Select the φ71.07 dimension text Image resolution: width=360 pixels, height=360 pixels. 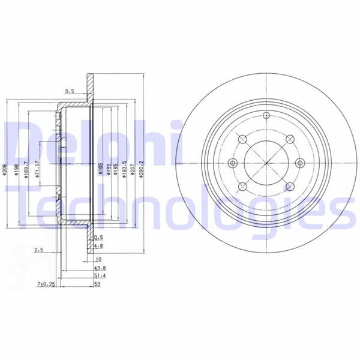[38, 170]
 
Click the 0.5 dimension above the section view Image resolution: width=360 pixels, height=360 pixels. [70, 92]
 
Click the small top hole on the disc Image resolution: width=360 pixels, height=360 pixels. [265, 116]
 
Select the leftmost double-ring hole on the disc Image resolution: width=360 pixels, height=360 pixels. [233, 163]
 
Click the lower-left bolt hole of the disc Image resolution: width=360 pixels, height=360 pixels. [242, 187]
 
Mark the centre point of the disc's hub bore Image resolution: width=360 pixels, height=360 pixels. [265, 163]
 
